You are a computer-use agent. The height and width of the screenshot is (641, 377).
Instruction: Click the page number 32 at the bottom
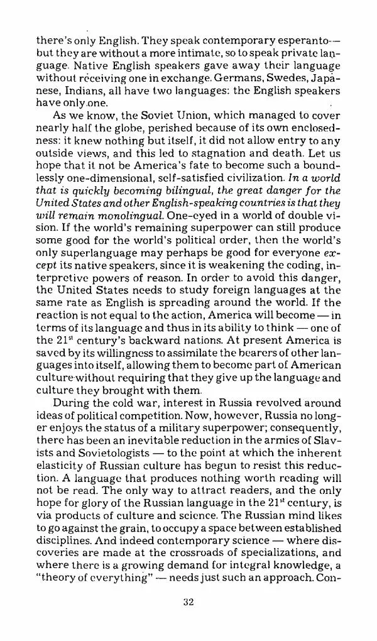point(187,602)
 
